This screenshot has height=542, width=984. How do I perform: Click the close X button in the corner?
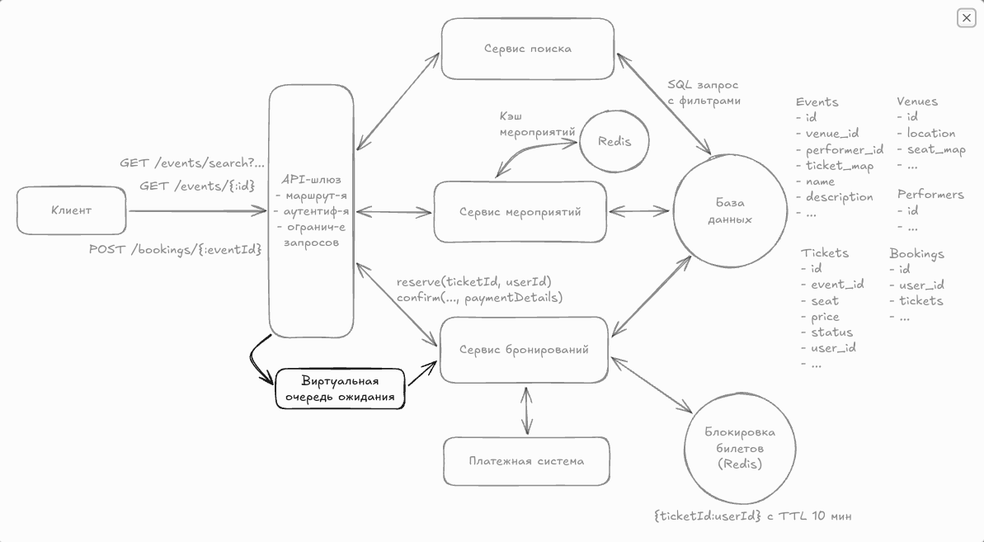966,17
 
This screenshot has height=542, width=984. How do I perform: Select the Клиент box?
72,210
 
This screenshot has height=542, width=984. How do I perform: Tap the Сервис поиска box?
528,49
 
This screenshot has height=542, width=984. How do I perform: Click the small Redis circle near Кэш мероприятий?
614,141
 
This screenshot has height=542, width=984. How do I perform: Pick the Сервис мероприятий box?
520,212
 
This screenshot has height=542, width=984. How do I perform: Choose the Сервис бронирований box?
525,350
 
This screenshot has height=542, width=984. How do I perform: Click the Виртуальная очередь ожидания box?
340,389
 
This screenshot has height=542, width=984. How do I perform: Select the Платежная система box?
526,461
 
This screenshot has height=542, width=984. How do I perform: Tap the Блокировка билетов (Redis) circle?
740,448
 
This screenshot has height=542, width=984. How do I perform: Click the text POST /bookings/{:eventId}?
176,249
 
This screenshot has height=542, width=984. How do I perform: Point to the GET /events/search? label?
192,163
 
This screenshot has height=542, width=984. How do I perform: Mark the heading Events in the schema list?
817,102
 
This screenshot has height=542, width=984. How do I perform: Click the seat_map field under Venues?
935,149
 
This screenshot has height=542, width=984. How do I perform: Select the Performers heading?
930,195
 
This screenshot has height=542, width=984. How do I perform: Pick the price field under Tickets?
824,317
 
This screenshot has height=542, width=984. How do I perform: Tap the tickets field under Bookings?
920,301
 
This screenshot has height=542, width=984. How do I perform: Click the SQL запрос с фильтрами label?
704,92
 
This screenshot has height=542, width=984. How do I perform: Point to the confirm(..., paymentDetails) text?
479,298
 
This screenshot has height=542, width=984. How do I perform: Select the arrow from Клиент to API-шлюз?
198,211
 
